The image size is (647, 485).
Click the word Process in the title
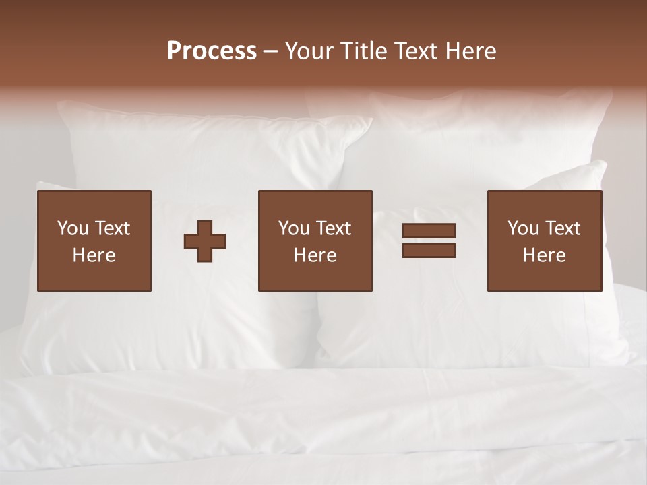click(212, 51)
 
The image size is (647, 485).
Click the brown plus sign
click(205, 241)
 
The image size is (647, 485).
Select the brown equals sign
click(429, 240)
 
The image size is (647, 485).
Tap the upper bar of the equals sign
click(429, 231)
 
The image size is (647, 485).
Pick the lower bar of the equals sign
click(429, 250)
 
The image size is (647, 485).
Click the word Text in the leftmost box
click(113, 228)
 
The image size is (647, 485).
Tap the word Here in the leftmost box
click(94, 255)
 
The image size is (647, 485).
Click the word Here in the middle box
click(315, 255)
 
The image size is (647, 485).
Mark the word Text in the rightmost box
click(563, 228)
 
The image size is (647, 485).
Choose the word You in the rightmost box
click(523, 228)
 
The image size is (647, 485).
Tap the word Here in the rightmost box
click(545, 255)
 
